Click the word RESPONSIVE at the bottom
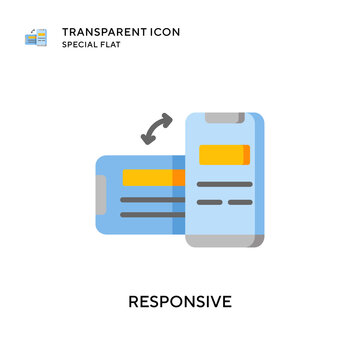pos(180,298)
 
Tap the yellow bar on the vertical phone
pos(222,155)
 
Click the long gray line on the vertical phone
pos(225,184)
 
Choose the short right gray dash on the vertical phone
pos(240,201)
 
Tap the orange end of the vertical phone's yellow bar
pos(246,155)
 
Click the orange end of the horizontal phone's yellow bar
pos(179,178)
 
